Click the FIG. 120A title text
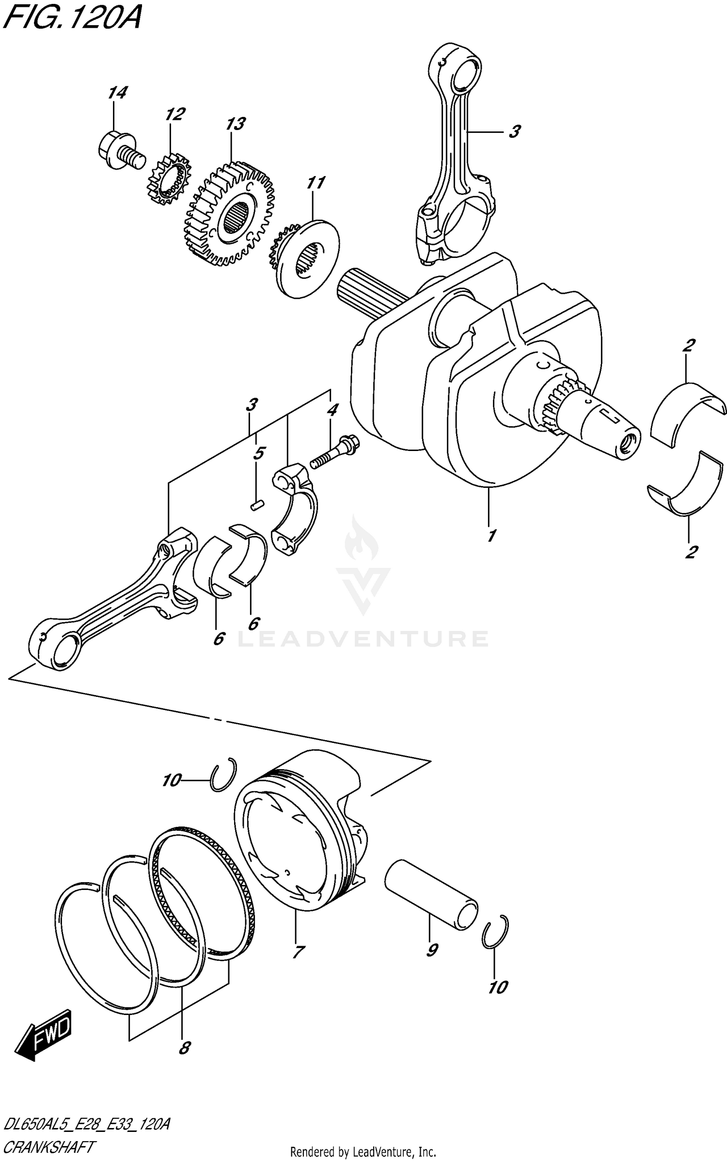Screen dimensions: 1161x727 tap(72, 19)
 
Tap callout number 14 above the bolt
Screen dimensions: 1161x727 tap(117, 93)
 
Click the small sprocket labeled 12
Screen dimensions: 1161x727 tap(169, 180)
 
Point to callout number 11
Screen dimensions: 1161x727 tap(316, 184)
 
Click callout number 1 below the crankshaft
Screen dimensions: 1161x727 tap(491, 536)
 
